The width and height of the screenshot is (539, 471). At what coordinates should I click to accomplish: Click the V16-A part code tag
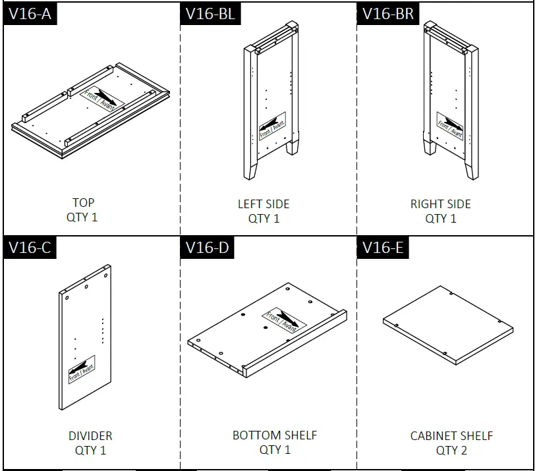coord(30,14)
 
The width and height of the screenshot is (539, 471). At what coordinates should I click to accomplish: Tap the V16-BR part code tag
coord(386,14)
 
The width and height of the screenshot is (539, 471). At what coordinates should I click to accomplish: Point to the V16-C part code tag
coord(30,248)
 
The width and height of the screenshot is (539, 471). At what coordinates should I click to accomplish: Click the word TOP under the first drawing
coord(84,202)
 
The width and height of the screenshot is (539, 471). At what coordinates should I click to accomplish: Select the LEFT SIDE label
coord(264,204)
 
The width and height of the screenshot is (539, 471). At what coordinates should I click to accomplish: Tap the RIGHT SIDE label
coord(441,204)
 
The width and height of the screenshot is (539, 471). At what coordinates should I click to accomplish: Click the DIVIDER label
coord(90,436)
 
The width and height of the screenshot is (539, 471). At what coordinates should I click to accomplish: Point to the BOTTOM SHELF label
coord(275,435)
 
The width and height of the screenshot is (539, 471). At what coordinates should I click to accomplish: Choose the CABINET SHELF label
coord(451,436)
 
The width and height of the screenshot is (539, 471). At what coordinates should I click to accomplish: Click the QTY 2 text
coord(451,451)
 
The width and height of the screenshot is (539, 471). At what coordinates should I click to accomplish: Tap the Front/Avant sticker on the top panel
coord(101,97)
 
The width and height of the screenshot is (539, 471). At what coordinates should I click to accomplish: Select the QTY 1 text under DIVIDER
coord(90,451)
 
